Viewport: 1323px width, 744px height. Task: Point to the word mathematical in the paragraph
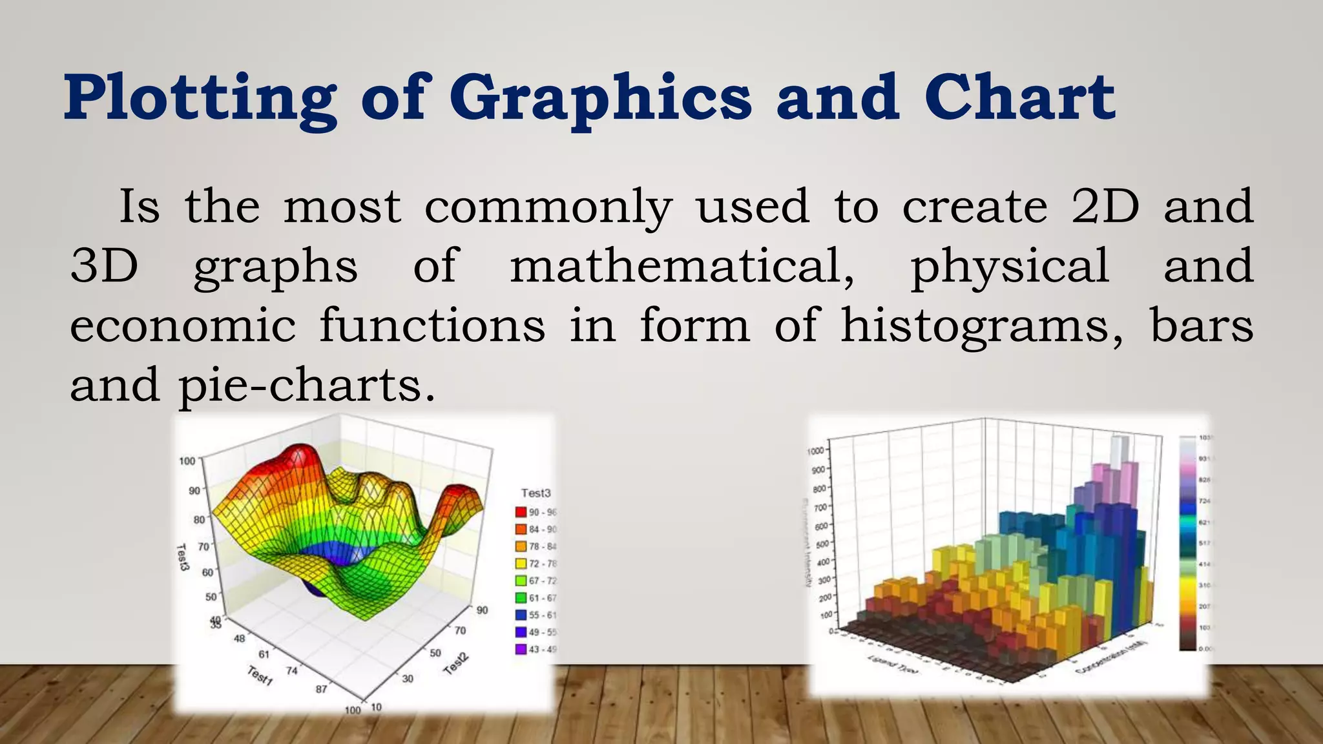682,266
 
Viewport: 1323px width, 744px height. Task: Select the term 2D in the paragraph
1105,207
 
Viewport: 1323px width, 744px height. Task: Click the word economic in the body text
183,325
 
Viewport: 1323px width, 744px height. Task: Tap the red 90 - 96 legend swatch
521,512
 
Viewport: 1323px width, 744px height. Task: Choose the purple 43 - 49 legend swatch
521,649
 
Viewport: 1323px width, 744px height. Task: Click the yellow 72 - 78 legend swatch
521,564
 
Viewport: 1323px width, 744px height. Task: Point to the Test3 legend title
536,493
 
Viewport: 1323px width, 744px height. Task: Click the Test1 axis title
260,676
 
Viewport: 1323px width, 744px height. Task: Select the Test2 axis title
456,664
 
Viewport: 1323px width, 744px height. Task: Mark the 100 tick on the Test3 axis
187,461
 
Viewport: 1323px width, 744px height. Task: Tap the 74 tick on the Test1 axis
292,671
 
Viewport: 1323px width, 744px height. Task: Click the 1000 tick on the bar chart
815,451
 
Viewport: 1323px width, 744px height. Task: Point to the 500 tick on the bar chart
822,544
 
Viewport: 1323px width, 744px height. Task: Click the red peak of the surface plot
298,455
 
